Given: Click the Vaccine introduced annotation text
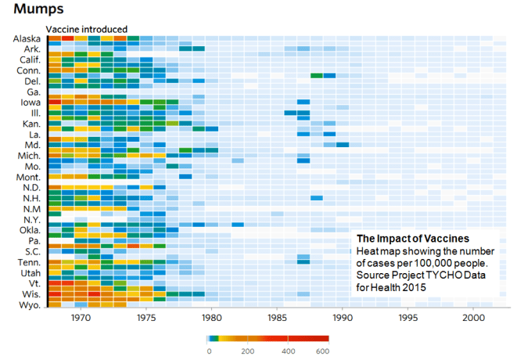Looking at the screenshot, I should [x=87, y=29].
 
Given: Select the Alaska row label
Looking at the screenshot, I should [x=28, y=38].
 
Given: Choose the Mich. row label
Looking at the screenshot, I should [x=29, y=156].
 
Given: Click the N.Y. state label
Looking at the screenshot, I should [x=31, y=220].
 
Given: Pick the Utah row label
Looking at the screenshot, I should [x=31, y=273].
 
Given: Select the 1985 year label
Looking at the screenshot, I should [x=277, y=319].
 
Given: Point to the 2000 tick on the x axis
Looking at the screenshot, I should [x=472, y=319].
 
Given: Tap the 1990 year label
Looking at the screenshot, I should [x=342, y=319].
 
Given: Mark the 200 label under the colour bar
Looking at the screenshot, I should [x=248, y=352].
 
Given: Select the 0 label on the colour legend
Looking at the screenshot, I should [x=209, y=352].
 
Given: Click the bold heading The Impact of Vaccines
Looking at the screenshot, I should [x=412, y=238].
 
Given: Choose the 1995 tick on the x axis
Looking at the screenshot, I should [x=407, y=319].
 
